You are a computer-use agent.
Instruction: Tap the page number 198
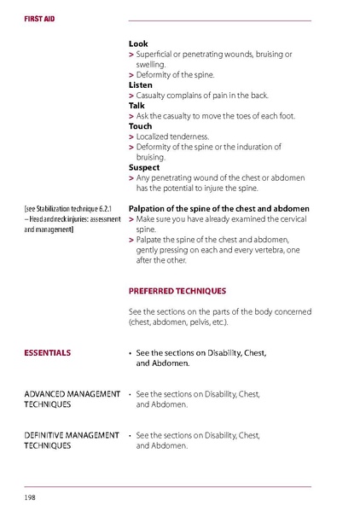point(30,496)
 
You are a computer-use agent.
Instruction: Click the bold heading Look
point(137,44)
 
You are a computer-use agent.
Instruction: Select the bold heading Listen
point(140,85)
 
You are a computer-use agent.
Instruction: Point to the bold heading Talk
point(136,106)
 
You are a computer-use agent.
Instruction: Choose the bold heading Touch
point(140,126)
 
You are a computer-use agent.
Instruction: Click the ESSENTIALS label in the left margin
point(48,352)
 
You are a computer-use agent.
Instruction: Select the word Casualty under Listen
point(153,96)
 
